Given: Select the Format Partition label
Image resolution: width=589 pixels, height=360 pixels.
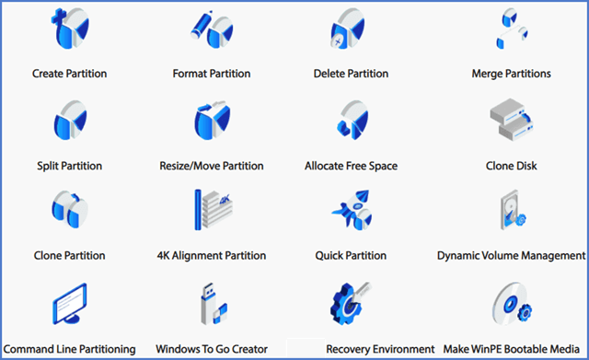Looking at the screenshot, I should click(x=212, y=74).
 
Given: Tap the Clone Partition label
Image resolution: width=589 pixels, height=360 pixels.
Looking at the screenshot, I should click(x=69, y=256).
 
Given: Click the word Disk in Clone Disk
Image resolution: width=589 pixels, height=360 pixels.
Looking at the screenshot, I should click(x=525, y=167).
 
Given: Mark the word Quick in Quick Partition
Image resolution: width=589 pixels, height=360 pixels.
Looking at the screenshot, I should click(x=330, y=256).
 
